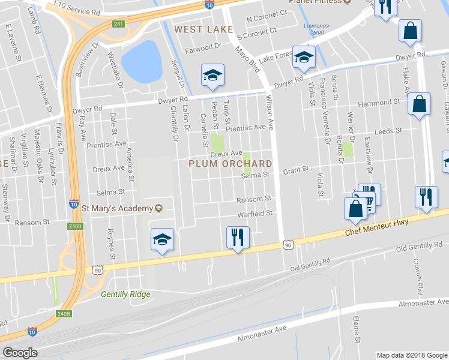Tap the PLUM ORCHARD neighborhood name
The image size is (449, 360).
(231, 164)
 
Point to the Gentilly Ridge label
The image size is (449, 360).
(125, 294)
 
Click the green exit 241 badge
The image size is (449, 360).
(118, 25)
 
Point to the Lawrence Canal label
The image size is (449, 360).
(316, 29)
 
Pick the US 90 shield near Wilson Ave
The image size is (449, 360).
(288, 245)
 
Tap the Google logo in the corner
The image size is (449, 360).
(20, 353)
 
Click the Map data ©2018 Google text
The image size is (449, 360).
(412, 355)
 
